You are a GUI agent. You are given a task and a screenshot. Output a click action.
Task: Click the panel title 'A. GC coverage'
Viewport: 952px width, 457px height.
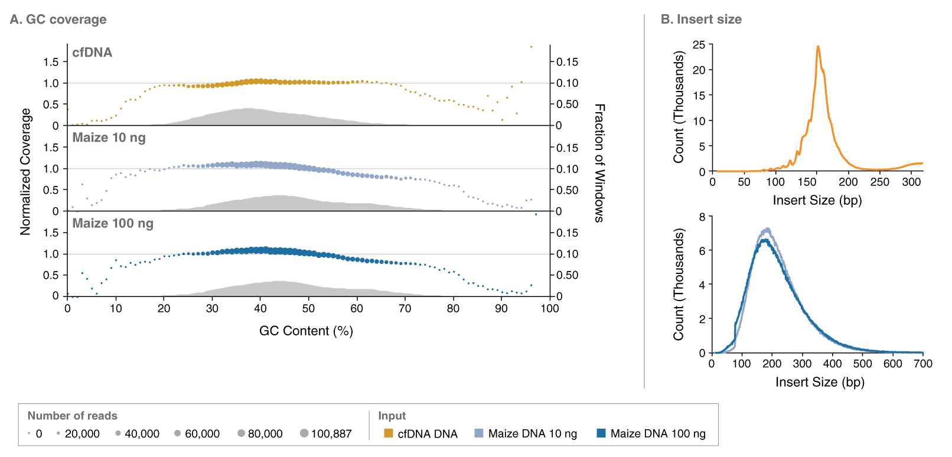(58, 19)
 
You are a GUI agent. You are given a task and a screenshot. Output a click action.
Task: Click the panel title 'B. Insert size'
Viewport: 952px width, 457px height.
(701, 19)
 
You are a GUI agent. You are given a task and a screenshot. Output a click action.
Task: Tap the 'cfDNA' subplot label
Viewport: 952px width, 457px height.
(92, 53)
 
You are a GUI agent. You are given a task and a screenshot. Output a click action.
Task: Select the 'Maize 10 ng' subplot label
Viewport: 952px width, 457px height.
(109, 138)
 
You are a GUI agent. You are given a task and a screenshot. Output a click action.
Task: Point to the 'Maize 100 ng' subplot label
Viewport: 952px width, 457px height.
(112, 223)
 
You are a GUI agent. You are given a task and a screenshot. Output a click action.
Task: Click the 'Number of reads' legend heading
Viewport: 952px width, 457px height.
(72, 416)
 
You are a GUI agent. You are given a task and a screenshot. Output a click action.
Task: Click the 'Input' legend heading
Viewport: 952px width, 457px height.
(392, 416)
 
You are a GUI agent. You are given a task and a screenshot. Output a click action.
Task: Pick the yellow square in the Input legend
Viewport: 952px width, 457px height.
(389, 433)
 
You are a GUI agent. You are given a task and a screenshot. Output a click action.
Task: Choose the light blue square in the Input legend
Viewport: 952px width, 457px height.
(479, 433)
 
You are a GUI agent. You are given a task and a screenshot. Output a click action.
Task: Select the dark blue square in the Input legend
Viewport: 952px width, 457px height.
(601, 433)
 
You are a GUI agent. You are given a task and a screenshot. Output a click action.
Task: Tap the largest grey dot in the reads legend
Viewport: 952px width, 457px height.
(304, 433)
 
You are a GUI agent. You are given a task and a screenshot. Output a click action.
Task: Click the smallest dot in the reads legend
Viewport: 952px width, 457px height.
(29, 433)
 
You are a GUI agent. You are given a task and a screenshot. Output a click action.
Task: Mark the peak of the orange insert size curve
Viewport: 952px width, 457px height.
(818, 46)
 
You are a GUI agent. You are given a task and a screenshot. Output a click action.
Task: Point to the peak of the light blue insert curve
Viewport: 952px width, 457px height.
(767, 228)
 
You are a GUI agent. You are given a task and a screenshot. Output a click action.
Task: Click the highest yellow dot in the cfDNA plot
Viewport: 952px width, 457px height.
(531, 46)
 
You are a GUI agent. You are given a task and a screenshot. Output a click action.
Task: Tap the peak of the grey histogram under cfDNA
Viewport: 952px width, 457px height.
(247, 108)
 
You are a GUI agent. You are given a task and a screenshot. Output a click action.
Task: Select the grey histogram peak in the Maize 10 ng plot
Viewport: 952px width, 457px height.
(279, 195)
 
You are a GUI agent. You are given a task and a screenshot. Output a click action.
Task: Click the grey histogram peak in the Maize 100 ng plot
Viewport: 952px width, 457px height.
(278, 281)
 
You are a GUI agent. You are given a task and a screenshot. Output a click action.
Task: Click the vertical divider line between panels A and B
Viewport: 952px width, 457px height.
(644, 201)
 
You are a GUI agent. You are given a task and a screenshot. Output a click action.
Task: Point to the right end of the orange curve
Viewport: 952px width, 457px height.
(922, 163)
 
